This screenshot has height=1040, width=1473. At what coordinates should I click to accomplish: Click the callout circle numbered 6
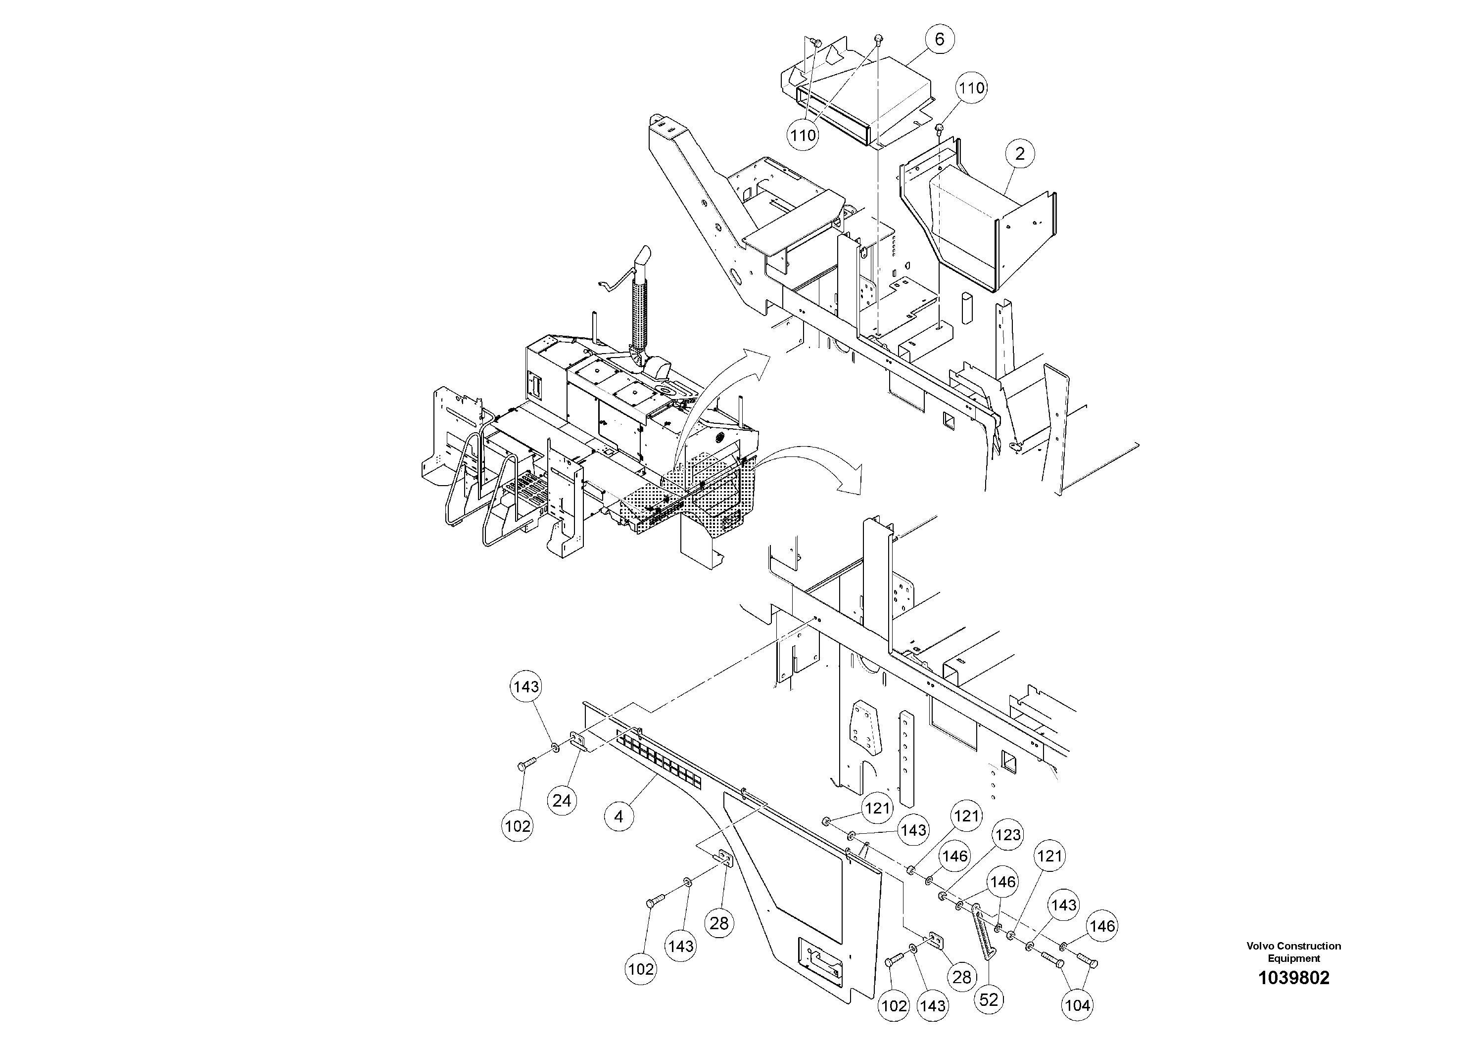(939, 40)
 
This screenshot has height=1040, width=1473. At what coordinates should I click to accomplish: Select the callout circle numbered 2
(1019, 154)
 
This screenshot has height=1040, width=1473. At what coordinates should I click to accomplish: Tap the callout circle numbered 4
(618, 817)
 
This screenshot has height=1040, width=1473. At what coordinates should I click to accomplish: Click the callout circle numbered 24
(562, 801)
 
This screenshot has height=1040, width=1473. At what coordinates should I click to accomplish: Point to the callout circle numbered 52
(989, 999)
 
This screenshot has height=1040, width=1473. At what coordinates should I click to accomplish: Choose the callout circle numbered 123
(1008, 835)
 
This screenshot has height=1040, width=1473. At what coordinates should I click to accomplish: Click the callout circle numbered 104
(1077, 1006)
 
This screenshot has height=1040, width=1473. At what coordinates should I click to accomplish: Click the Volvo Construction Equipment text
(1293, 952)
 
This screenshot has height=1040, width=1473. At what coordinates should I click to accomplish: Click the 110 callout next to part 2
(971, 88)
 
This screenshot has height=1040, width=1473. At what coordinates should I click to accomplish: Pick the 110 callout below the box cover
(803, 136)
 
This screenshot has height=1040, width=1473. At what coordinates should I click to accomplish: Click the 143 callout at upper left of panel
(526, 687)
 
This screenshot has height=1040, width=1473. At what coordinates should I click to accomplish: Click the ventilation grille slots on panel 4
(658, 761)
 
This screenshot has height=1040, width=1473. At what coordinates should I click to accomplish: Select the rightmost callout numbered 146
(1102, 926)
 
